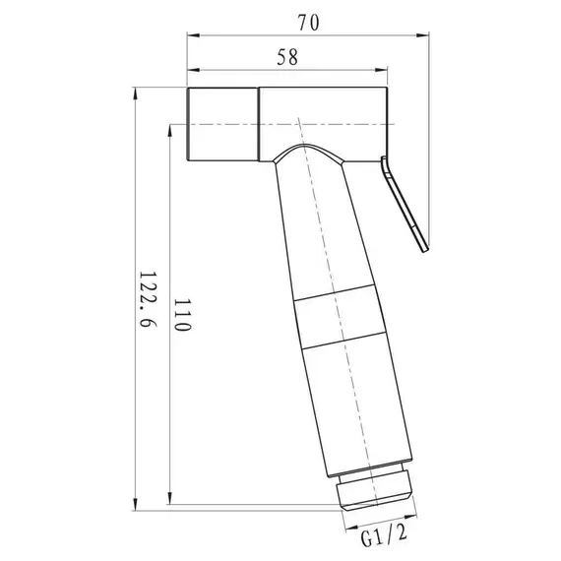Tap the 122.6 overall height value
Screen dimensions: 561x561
[x=148, y=306]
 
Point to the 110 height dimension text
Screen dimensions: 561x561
[x=180, y=317]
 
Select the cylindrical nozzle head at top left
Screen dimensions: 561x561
[x=222, y=125]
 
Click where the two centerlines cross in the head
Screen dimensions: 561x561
[x=295, y=125]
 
